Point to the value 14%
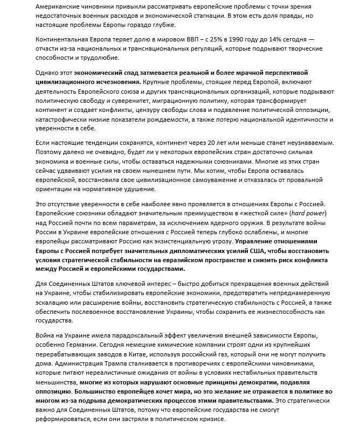click(x=267, y=40)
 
